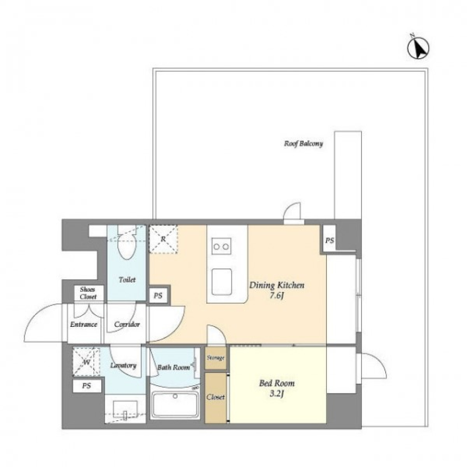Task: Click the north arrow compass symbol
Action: [x=418, y=48]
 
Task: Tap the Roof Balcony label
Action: [x=304, y=144]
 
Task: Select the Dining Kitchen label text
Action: [x=277, y=286]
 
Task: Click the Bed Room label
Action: [x=277, y=383]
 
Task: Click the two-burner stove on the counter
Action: [x=221, y=246]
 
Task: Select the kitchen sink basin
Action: [x=222, y=282]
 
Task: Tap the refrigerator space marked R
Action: [x=163, y=239]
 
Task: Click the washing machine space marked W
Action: [x=87, y=362]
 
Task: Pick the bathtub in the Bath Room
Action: [x=175, y=405]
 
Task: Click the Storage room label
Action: [x=216, y=358]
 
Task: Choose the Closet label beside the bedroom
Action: [x=216, y=397]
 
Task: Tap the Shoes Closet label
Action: [x=88, y=293]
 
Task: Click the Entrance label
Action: [x=84, y=324]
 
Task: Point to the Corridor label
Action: [x=127, y=324]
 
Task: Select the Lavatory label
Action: [x=123, y=365]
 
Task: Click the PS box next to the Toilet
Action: [x=158, y=295]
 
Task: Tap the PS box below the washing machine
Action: [x=87, y=386]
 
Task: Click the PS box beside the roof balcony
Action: [x=329, y=240]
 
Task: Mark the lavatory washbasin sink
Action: [x=125, y=408]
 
